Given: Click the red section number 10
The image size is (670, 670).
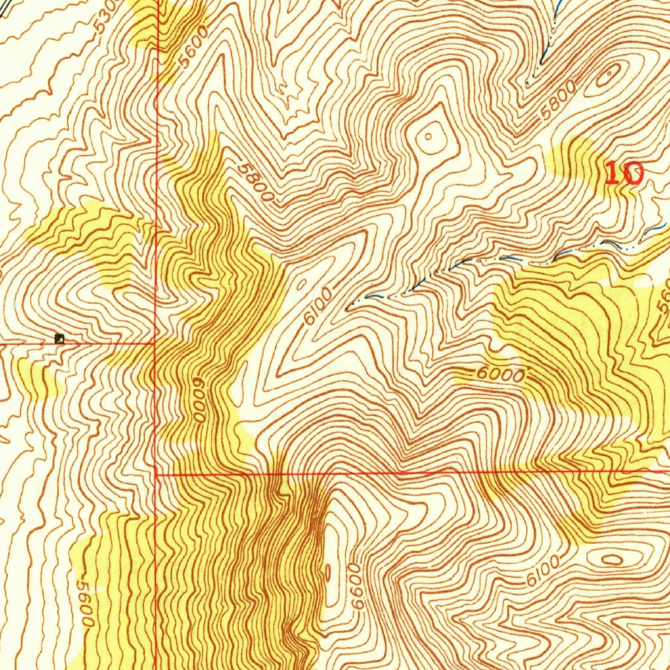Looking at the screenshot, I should pyautogui.click(x=624, y=174).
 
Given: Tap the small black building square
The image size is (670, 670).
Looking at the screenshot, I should pyautogui.click(x=60, y=338).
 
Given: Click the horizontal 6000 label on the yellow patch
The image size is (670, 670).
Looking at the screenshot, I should pyautogui.click(x=501, y=376).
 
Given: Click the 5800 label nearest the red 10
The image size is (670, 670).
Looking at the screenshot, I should pyautogui.click(x=557, y=99).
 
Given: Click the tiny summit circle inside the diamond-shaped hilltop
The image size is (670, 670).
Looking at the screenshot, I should pyautogui.click(x=428, y=137).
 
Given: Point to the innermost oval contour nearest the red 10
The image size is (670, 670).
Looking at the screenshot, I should pyautogui.click(x=607, y=77).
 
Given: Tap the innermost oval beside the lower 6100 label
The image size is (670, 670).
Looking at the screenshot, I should pyautogui.click(x=612, y=559).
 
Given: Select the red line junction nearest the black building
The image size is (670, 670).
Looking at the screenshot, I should pyautogui.click(x=154, y=342).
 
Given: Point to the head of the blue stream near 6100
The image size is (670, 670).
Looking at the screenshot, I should pyautogui.click(x=349, y=305).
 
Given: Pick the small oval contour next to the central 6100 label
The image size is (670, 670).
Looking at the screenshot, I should pyautogui.click(x=302, y=285).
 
